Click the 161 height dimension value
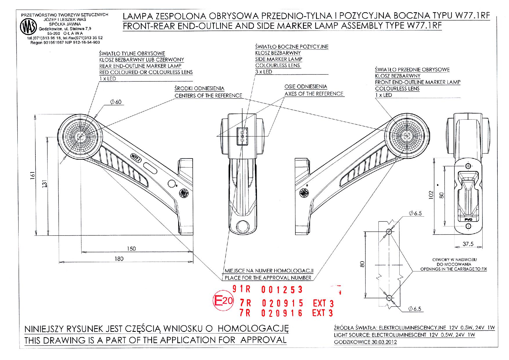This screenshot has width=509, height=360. click(33, 175)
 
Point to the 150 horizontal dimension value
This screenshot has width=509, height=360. click(131, 249)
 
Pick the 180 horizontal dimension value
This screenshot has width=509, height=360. click(119, 259)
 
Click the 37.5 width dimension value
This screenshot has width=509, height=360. click(468, 244)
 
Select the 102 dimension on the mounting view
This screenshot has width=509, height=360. click(431, 195)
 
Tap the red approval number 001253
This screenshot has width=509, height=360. click(282, 290)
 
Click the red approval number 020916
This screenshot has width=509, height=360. click(282, 313)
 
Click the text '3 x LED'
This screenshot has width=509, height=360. click(263, 72)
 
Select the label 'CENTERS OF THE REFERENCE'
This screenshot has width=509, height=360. click(208, 96)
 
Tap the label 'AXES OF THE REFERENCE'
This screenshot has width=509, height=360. click(314, 94)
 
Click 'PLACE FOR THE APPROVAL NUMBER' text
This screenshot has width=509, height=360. click(268, 278)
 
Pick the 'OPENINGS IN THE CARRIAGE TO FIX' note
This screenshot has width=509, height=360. click(454, 269)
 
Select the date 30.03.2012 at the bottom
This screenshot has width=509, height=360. click(384, 342)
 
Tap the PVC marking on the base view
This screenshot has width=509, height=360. click(468, 220)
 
